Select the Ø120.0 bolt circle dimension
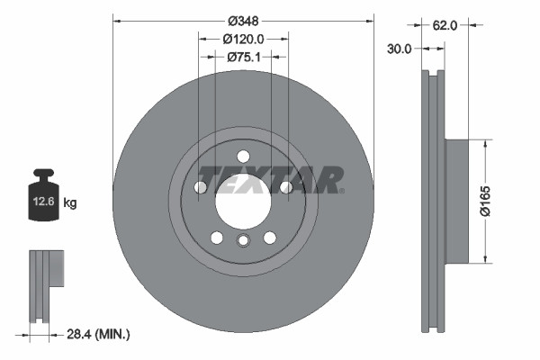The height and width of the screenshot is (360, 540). [x=243, y=39]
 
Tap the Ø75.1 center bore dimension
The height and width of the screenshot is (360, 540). [x=243, y=57]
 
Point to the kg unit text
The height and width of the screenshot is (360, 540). [x=70, y=203]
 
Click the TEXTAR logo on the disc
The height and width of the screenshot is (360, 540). [x=270, y=179]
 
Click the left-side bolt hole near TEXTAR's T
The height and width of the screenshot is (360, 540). [x=200, y=187]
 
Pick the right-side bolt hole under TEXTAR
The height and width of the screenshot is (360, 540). [x=285, y=187]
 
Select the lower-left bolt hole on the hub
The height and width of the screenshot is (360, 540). [x=216, y=237]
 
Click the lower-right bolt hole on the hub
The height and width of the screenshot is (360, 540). [x=269, y=237]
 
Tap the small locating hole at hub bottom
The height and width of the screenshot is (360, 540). [x=243, y=240]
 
